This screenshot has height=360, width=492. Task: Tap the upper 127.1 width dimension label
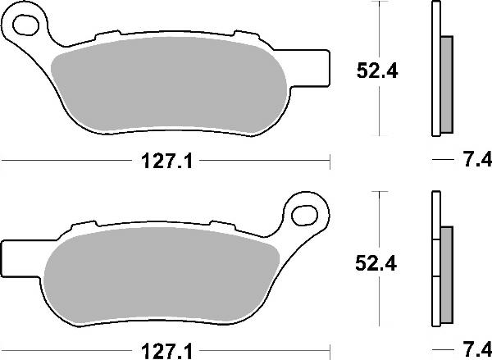coord(166,162)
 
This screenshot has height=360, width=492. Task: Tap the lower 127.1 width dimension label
coord(166,348)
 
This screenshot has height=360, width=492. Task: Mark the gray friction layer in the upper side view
coord(446,85)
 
